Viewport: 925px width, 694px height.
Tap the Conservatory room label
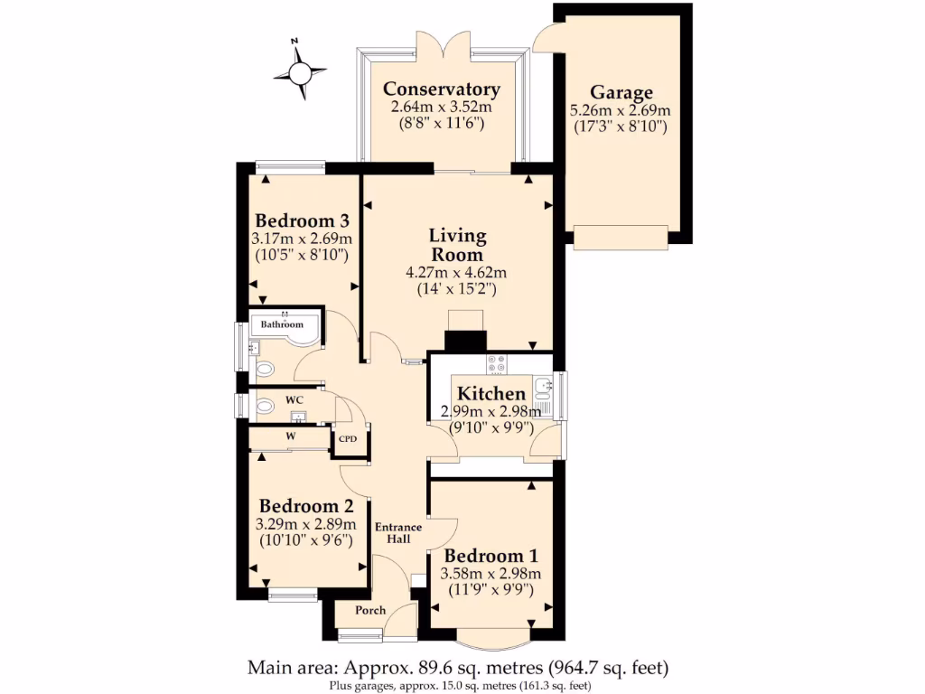pos(441,89)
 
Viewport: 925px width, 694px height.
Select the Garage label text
pos(621,92)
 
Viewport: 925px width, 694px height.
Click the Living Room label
pos(457,245)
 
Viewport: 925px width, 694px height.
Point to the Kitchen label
pos(491,394)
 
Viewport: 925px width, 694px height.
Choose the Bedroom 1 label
pos(483,556)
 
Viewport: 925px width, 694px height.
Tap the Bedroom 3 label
pos(302,221)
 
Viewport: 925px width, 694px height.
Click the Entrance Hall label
pos(398,533)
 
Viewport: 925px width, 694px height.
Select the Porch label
pos(370,611)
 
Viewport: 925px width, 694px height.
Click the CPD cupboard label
pos(348,439)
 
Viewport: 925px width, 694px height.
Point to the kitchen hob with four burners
pos(497,364)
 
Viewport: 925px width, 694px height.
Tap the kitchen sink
pos(544,389)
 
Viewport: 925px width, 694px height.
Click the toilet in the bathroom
pos(264,370)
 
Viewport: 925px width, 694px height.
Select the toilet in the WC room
pos(264,407)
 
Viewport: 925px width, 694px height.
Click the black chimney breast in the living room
pos(465,341)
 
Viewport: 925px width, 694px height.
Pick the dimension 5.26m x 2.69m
pos(620,110)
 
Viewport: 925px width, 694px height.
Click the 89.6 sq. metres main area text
pos(458,669)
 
